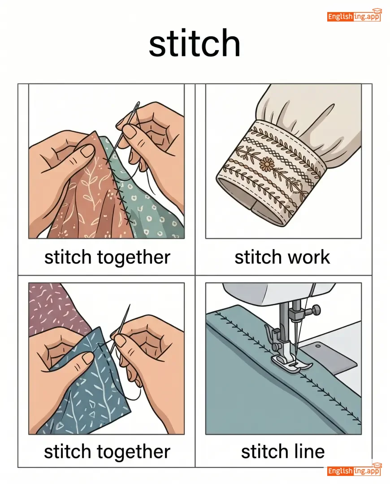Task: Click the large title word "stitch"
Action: point(195,43)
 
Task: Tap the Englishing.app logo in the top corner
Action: point(355,15)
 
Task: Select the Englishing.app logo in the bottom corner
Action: point(355,470)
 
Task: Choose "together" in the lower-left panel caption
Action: point(134,452)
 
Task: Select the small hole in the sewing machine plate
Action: point(318,346)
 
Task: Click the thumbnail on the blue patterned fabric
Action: point(87,358)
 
